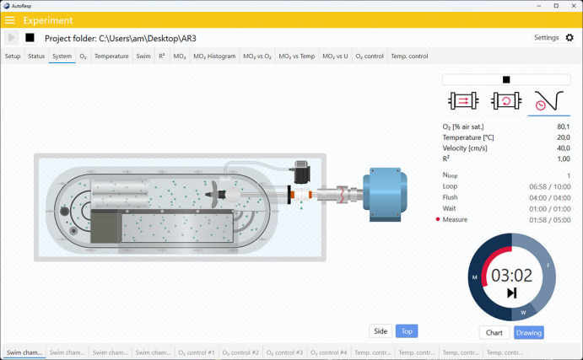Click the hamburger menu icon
9,20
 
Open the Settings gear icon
570,38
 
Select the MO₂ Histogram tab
214,56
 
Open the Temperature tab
111,56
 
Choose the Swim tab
143,56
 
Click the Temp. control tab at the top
409,56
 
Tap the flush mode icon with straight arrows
463,100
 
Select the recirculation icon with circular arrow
506,100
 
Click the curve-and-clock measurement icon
548,101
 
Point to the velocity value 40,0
564,148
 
